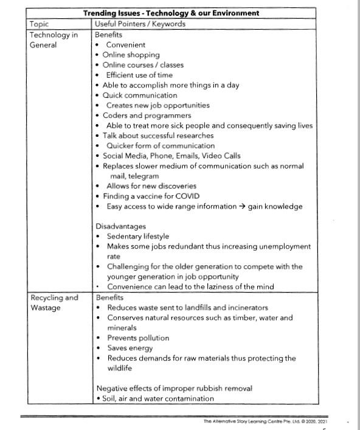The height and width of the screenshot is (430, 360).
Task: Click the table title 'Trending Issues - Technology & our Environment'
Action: pos(171,13)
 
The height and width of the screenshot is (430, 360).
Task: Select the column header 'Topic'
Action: pos(40,24)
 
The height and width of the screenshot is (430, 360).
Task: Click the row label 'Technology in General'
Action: pos(54,40)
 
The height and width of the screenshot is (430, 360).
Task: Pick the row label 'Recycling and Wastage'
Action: pos(54,302)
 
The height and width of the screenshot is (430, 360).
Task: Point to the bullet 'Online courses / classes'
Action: pos(142,64)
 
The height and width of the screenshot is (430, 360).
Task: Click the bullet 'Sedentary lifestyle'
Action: pos(138,236)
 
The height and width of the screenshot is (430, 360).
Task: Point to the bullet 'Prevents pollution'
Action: pos(138,338)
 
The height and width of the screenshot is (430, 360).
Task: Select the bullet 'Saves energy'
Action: pos(130,348)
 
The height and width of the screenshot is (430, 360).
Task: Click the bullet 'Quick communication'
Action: pos(140,95)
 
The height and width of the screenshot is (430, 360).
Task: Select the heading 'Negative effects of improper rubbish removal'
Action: pos(174,388)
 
